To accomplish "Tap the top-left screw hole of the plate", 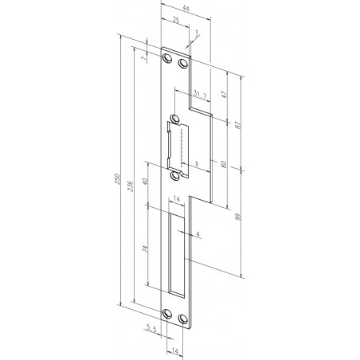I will click(x=168, y=58).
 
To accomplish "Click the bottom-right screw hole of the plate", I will click(x=185, y=319).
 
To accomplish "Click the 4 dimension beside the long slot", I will click(x=198, y=233).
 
